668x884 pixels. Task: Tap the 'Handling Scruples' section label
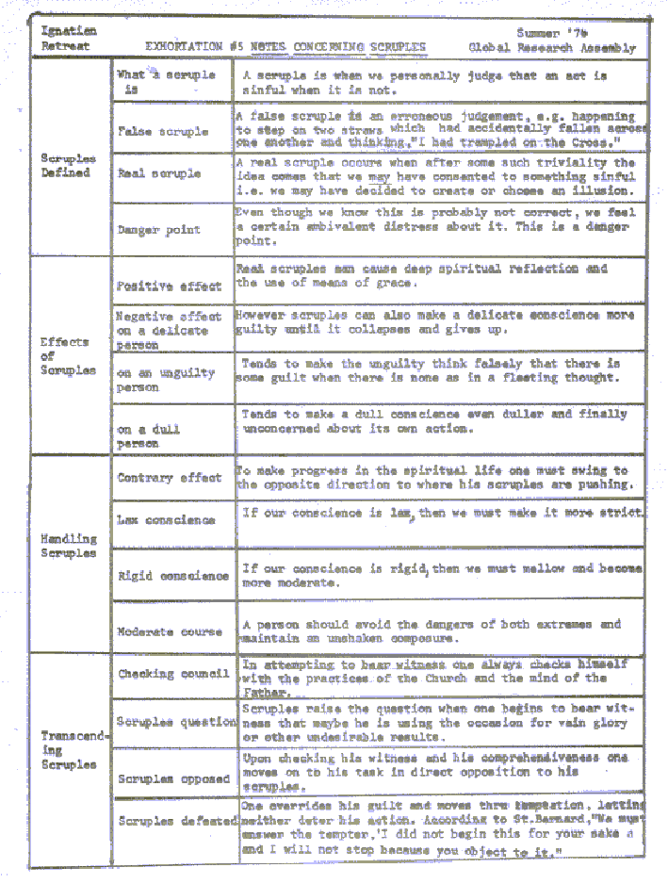click(69, 546)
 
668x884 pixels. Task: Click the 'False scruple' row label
click(163, 131)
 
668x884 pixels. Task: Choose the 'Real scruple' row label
click(159, 173)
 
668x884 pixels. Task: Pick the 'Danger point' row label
click(158, 229)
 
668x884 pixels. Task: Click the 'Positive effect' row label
click(170, 286)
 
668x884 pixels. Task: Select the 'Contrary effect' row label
click(171, 478)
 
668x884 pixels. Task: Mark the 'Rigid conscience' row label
click(172, 575)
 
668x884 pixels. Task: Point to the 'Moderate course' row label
click(171, 631)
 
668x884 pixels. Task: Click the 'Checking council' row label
click(173, 674)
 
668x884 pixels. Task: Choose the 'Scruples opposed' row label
click(173, 778)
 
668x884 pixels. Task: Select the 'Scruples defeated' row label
click(177, 821)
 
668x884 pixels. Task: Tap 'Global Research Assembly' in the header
click(552, 48)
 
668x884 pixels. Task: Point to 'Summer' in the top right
click(537, 32)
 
